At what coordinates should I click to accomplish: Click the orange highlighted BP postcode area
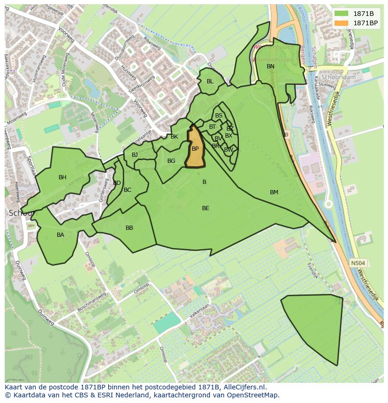(x=195, y=149)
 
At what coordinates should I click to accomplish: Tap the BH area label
(x=62, y=177)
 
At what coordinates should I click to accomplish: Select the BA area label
(x=60, y=235)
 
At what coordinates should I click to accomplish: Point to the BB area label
(x=129, y=228)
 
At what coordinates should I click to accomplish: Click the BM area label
(x=274, y=192)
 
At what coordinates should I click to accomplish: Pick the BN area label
(x=270, y=66)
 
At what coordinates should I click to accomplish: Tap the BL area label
(x=210, y=81)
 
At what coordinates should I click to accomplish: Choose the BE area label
(x=205, y=208)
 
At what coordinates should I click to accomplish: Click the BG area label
(x=171, y=161)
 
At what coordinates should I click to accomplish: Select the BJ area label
(x=135, y=155)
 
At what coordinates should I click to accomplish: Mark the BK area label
(x=174, y=137)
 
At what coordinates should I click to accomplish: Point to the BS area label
(x=219, y=116)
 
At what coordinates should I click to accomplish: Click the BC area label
(x=127, y=190)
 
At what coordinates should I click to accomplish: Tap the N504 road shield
(x=358, y=264)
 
